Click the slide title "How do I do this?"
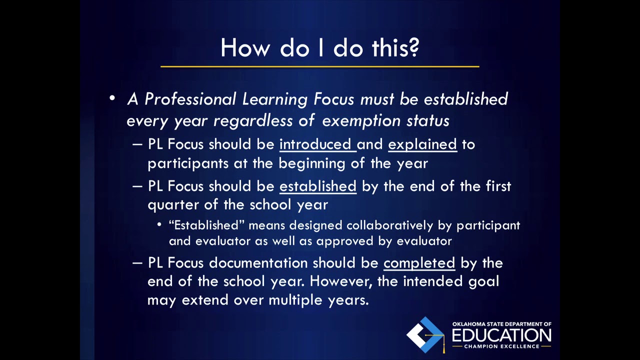click(319, 47)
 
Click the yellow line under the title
click(319, 66)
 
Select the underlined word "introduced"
click(315, 144)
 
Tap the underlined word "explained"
click(422, 144)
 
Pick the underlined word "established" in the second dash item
click(317, 186)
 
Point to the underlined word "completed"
click(419, 263)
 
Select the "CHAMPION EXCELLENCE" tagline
click(501, 346)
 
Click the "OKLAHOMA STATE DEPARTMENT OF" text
click(501, 324)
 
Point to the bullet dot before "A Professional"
click(112, 98)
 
